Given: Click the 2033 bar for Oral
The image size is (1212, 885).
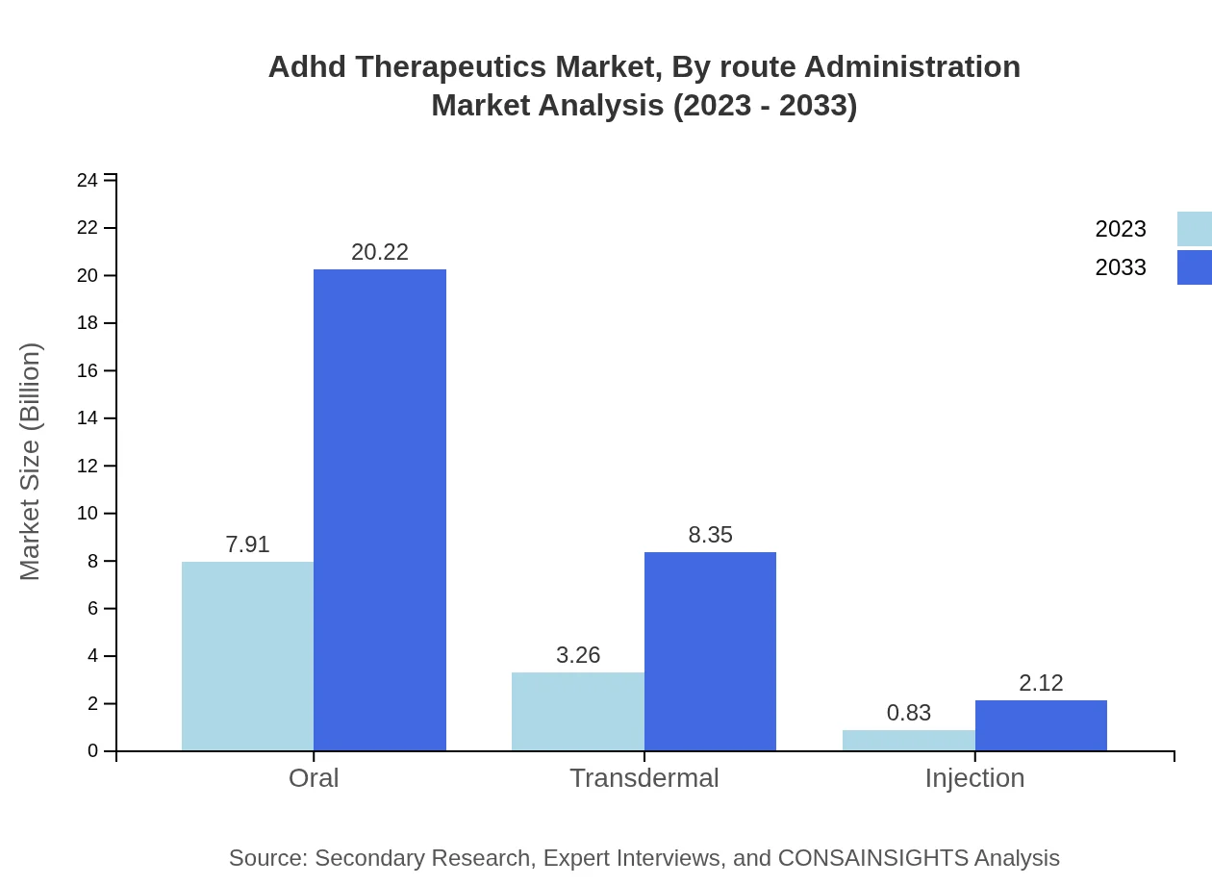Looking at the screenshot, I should [x=380, y=510].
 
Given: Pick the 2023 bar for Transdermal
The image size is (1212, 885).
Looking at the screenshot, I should [x=577, y=712].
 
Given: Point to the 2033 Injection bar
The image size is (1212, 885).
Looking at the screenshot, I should [x=1041, y=725].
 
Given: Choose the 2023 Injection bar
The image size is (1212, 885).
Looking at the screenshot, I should [x=908, y=741].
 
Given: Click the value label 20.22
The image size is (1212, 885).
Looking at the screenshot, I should [x=380, y=252].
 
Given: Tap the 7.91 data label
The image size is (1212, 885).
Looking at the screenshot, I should [x=247, y=544].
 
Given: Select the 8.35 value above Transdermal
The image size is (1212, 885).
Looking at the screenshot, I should [x=710, y=535].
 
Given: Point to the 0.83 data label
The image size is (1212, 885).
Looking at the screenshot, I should [x=908, y=713].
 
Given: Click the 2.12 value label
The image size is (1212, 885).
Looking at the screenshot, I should [x=1041, y=683].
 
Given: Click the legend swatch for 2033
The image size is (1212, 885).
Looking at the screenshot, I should [x=1194, y=267].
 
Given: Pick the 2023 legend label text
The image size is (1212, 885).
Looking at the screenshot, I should [x=1121, y=229].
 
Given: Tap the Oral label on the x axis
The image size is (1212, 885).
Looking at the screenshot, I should [x=314, y=777].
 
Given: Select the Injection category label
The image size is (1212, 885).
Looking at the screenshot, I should [x=974, y=777].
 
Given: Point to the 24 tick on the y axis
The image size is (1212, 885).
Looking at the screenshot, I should [x=88, y=180].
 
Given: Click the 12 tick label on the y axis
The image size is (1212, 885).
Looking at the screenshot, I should [x=88, y=466].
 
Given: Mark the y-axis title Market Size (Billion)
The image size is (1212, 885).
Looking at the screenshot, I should [x=31, y=462].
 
